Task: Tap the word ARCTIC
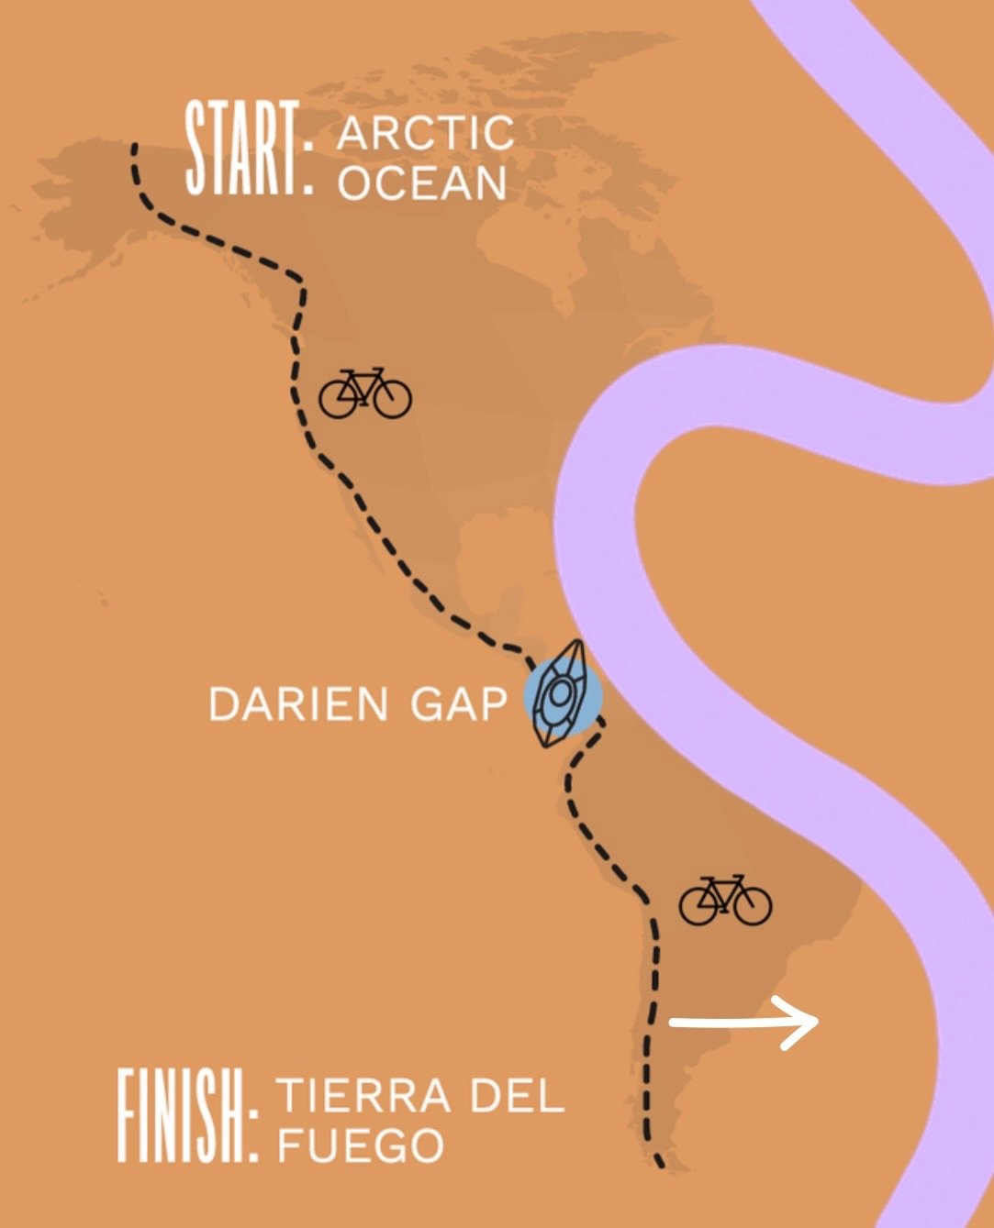tap(425, 133)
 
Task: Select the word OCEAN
tap(422, 183)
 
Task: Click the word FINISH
tap(179, 1116)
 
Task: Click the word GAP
tap(458, 704)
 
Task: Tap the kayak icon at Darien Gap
tap(562, 694)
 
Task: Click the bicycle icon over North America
tap(364, 394)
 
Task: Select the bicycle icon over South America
tap(725, 901)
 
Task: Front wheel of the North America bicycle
tap(393, 400)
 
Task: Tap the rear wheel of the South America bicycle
tap(698, 907)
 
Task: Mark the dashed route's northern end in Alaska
tap(134, 147)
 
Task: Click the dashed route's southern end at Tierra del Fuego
tap(659, 1164)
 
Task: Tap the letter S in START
tap(196, 149)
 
